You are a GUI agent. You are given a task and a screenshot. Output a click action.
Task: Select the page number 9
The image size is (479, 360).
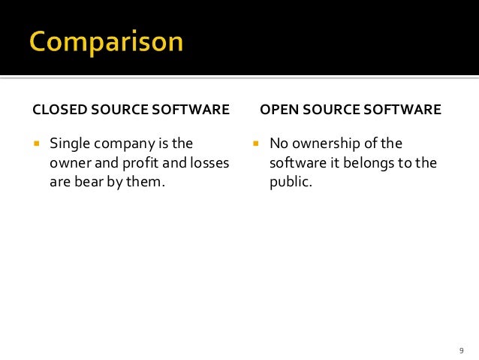tap(461, 350)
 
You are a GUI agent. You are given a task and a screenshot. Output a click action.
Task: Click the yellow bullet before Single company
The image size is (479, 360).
tap(35, 143)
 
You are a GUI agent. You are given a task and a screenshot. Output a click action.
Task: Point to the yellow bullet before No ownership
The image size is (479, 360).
tap(255, 143)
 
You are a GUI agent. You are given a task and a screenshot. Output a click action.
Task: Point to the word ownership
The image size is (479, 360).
tap(328, 144)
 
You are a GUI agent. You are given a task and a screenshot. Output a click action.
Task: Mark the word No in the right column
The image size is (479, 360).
tap(279, 143)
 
